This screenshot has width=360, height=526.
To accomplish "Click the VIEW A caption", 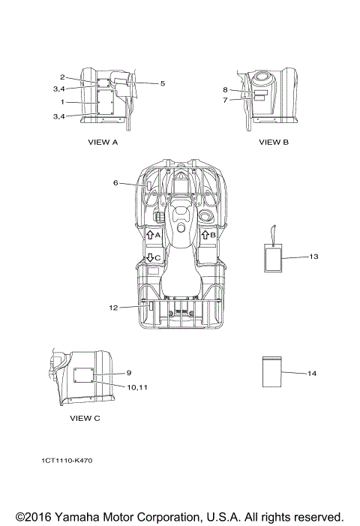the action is (103, 143).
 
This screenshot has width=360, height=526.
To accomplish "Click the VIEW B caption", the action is (274, 143).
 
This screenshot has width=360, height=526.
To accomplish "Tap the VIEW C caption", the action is (85, 418).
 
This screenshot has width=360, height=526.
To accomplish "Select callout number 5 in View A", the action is (163, 83).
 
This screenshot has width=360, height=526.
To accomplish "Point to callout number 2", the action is (62, 77).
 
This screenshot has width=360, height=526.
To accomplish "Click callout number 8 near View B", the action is (225, 89).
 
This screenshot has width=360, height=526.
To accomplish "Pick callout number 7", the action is (225, 100).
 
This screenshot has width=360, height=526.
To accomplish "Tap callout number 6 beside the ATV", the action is (115, 183).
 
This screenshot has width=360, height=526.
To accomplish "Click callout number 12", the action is (114, 308).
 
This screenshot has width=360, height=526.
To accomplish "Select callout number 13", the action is (313, 257).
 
